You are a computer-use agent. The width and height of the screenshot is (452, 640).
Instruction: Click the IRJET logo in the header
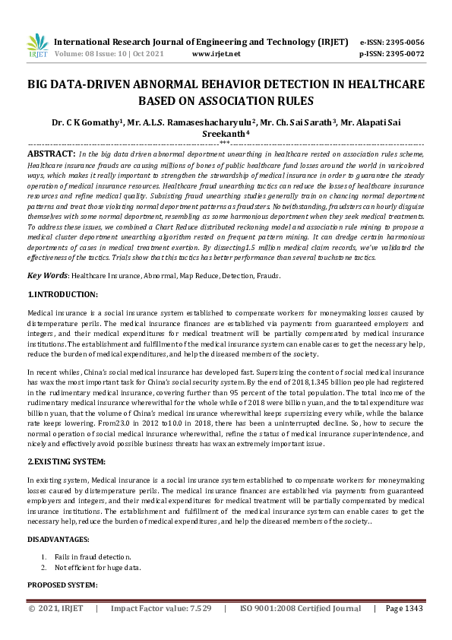coord(36,46)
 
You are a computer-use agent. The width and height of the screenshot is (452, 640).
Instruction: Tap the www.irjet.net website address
coord(216,54)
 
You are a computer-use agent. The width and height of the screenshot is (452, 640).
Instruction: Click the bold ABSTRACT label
coord(51,153)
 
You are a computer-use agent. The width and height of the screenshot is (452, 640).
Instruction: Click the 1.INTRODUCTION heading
coord(62,293)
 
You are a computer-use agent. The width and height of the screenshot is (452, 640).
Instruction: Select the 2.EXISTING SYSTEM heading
coord(66,461)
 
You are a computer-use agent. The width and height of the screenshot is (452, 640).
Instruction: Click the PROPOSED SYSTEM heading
coord(62,585)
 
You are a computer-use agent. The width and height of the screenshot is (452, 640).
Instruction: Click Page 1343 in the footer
coord(403,608)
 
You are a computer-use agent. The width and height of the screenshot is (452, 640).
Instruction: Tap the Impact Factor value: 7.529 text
coord(161,608)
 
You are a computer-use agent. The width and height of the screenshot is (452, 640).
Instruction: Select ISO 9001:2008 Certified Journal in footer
coord(300,608)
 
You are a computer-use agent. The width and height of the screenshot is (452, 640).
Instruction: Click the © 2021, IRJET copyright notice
coord(56,608)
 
